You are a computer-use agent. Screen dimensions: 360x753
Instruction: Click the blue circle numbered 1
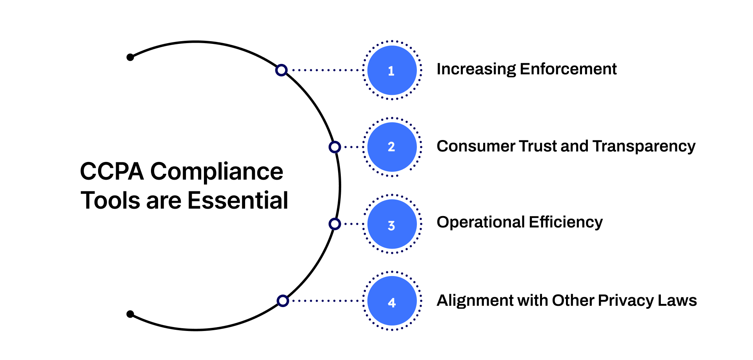[392, 70]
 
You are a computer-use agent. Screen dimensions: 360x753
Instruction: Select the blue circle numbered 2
[392, 147]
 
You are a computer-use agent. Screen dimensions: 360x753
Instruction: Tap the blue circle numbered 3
[392, 224]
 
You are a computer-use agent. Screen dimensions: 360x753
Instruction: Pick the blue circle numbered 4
[392, 301]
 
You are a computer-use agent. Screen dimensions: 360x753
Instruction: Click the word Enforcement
[568, 69]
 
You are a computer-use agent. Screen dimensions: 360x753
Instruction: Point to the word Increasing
[476, 69]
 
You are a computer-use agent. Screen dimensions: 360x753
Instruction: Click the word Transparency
[644, 146]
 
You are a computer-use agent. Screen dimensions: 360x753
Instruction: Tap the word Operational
[481, 222]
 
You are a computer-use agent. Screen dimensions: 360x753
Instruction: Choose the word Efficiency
[566, 222]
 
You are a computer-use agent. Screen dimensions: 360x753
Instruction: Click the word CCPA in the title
[112, 171]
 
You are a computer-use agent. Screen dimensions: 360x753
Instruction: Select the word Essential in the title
[238, 200]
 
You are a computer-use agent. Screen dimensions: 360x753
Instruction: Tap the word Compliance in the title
[216, 172]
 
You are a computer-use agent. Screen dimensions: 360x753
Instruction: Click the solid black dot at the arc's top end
[130, 58]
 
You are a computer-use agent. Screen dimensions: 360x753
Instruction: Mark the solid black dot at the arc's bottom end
[130, 314]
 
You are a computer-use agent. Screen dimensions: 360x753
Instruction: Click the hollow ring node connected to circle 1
[281, 70]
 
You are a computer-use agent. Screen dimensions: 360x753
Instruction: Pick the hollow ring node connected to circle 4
[283, 301]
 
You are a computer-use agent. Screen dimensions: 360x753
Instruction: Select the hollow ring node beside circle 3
[335, 224]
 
